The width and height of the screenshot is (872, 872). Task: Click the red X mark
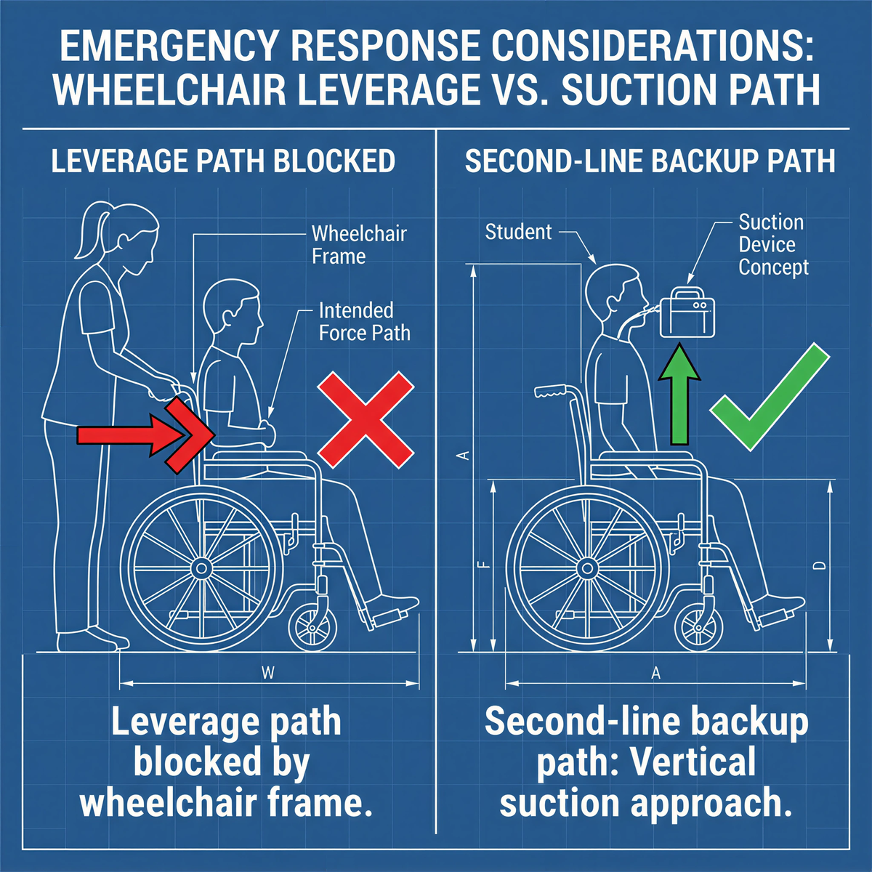(x=366, y=419)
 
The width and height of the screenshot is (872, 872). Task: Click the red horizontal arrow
(x=138, y=435)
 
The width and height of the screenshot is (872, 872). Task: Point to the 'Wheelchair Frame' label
(x=359, y=245)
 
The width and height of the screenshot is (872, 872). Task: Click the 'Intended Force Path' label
(x=364, y=322)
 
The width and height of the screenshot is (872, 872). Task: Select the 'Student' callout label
(x=519, y=232)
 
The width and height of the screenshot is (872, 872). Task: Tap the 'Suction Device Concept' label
(x=773, y=245)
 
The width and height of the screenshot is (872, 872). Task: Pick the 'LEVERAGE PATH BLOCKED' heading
(x=223, y=161)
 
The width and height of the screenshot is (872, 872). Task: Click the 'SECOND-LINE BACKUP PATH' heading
(x=650, y=161)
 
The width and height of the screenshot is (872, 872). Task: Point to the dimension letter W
(x=268, y=673)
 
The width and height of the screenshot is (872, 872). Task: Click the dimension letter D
(x=819, y=565)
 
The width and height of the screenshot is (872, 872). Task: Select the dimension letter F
(x=485, y=565)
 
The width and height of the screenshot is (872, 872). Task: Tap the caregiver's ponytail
(x=84, y=231)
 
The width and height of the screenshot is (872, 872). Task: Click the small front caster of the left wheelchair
(x=312, y=626)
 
